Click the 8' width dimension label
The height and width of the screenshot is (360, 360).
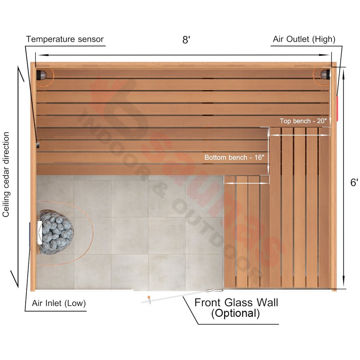coord(186,39)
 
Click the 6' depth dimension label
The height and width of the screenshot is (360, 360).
coord(354,182)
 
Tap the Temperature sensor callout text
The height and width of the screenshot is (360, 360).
coord(65,39)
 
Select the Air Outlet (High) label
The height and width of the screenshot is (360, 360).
coord(304,39)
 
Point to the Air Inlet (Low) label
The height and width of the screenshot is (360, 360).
coord(59,303)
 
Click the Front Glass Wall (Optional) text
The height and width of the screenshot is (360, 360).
coord(236,308)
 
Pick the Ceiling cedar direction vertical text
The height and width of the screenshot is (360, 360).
coord(6,174)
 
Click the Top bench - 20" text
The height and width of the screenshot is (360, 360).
coord(303,121)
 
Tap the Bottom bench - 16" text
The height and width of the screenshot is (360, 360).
coord(234,157)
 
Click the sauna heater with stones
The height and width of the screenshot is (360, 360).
coord(55,232)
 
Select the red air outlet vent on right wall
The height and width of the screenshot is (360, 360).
coord(337,108)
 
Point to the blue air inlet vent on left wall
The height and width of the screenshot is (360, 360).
coord(30,234)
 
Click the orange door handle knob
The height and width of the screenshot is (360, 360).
coord(149,297)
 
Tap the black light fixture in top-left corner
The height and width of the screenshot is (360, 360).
coord(42,75)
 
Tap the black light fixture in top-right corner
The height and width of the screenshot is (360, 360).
coord(325,74)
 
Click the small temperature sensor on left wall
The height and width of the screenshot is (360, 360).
coord(38,145)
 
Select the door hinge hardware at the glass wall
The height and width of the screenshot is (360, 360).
coord(214,291)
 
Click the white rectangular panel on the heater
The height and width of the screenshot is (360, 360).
coord(39,232)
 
